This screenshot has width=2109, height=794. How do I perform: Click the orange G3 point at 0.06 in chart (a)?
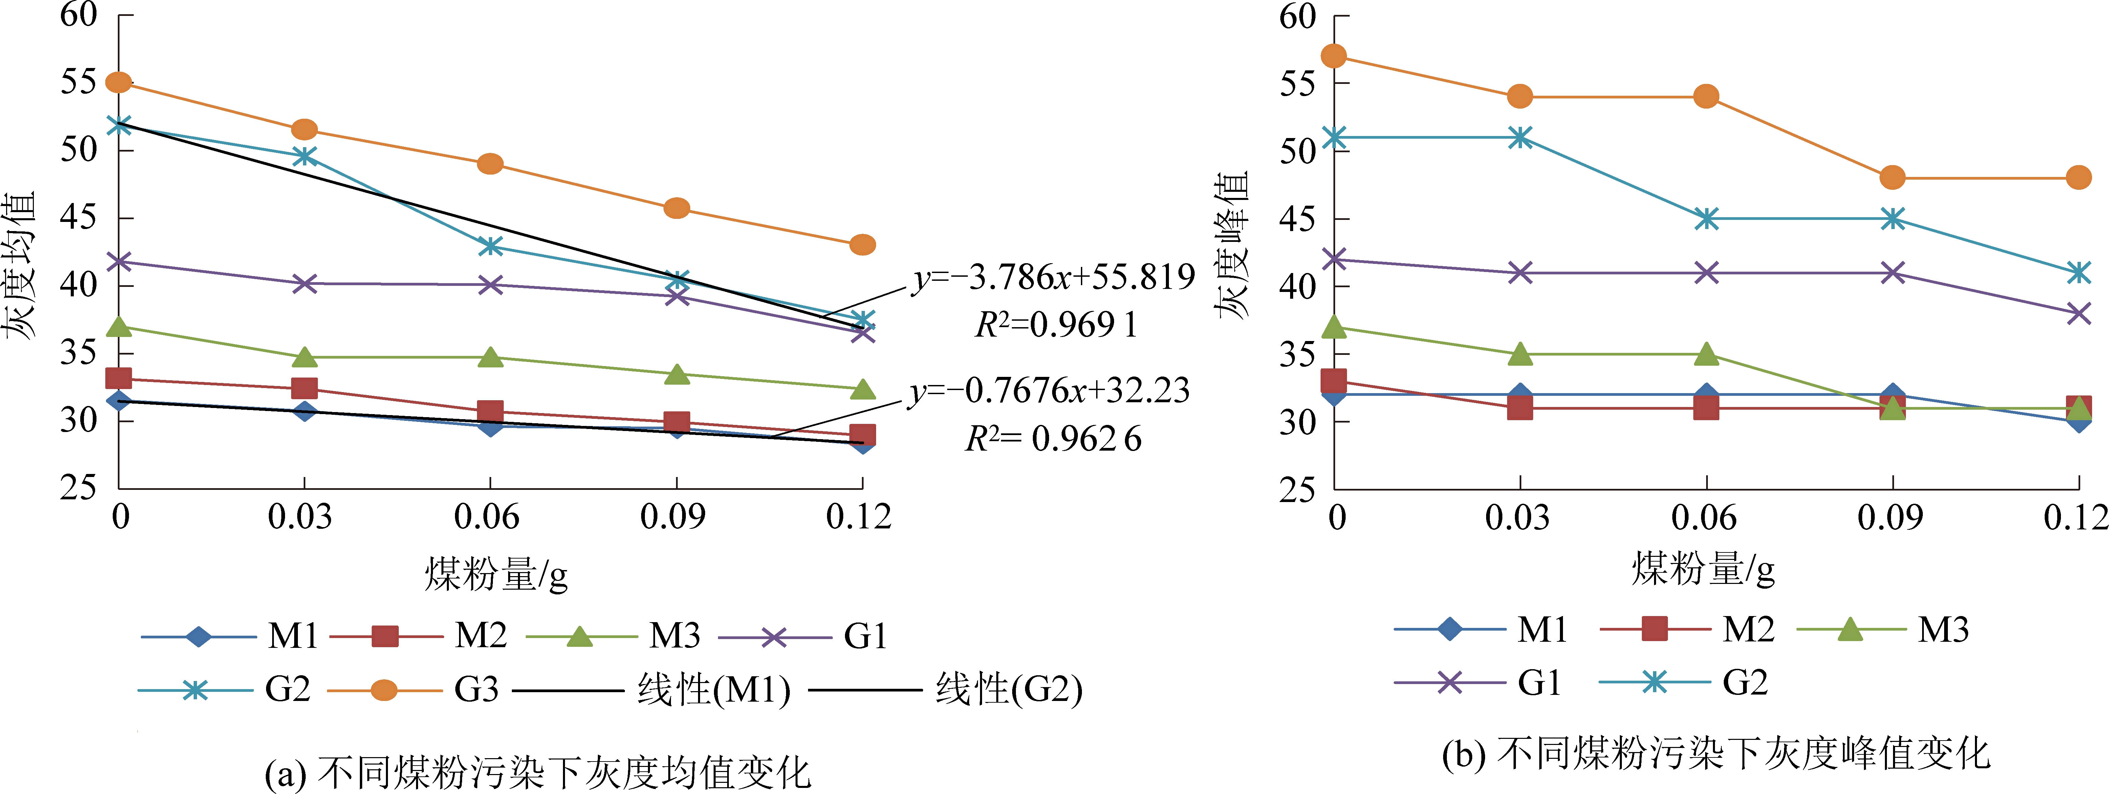(x=490, y=164)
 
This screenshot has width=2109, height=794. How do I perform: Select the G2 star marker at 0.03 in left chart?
(x=305, y=156)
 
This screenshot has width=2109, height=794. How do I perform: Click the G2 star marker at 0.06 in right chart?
(x=1706, y=219)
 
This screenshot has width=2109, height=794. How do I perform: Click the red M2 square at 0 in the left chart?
(x=119, y=378)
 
